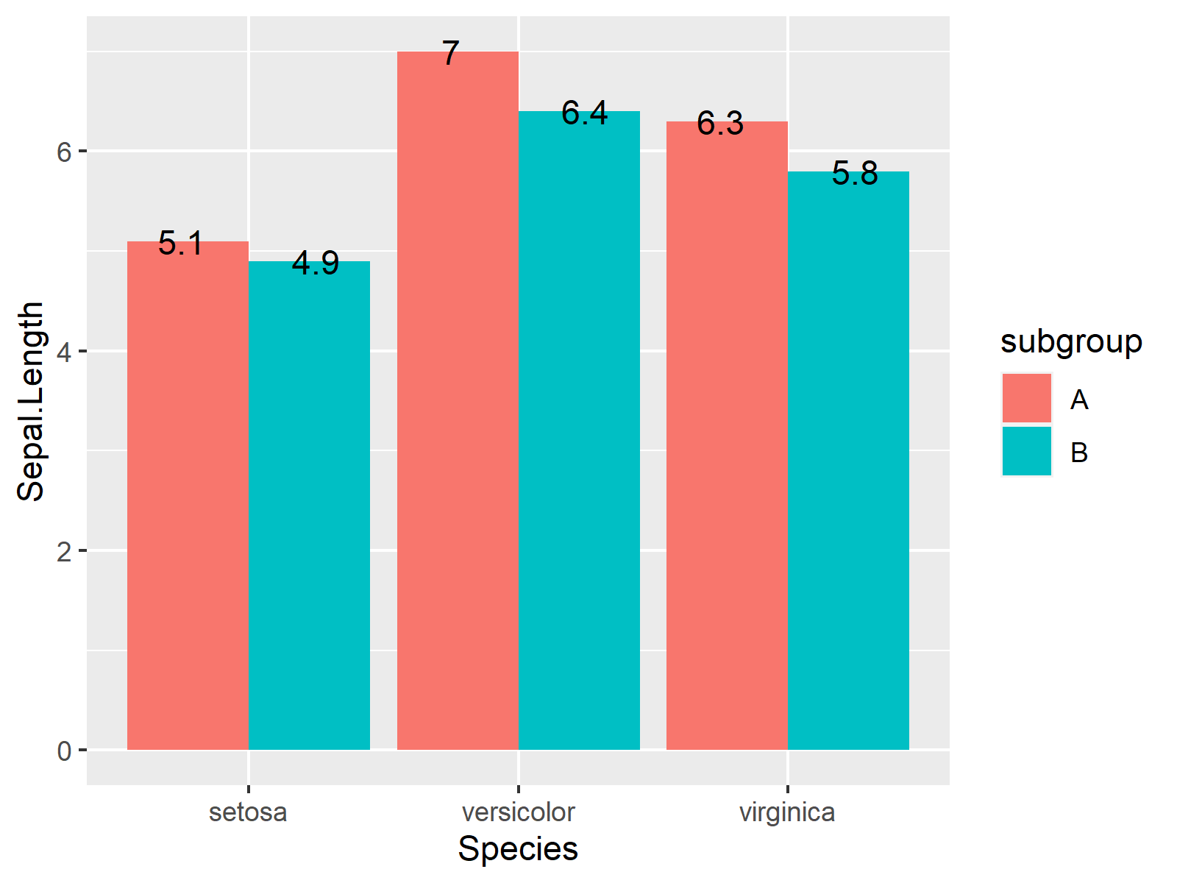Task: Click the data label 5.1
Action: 181,244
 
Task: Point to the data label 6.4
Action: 585,113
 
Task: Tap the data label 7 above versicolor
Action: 451,54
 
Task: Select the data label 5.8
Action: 855,174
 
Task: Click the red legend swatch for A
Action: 1026,398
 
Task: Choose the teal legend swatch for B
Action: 1026,451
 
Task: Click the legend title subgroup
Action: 1071,342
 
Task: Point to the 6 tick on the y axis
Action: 65,152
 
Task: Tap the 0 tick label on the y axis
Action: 65,751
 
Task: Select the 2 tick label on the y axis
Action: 65,552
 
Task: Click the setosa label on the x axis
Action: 248,812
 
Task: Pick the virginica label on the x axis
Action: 787,812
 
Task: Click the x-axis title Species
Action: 518,849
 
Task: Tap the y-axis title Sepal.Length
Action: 31,402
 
